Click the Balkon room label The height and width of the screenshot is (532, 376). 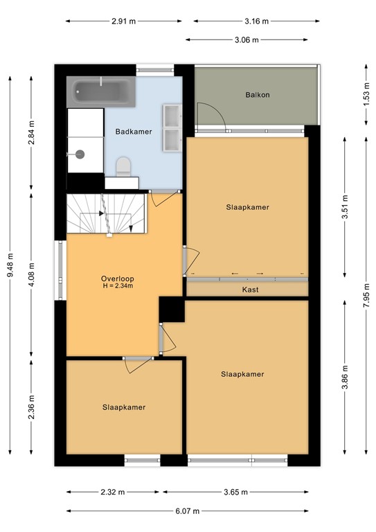click(x=257, y=94)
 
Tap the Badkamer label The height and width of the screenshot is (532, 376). click(x=131, y=130)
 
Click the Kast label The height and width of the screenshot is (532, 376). click(x=250, y=290)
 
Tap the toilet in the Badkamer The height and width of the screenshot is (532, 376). click(x=124, y=167)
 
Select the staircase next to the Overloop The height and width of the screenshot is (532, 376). click(x=106, y=215)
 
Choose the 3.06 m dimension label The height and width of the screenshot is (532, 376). click(x=246, y=39)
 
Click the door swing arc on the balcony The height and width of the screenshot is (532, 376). click(x=208, y=114)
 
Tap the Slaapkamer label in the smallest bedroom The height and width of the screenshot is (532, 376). click(x=124, y=407)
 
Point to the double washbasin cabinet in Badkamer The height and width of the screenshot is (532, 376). click(x=171, y=127)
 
